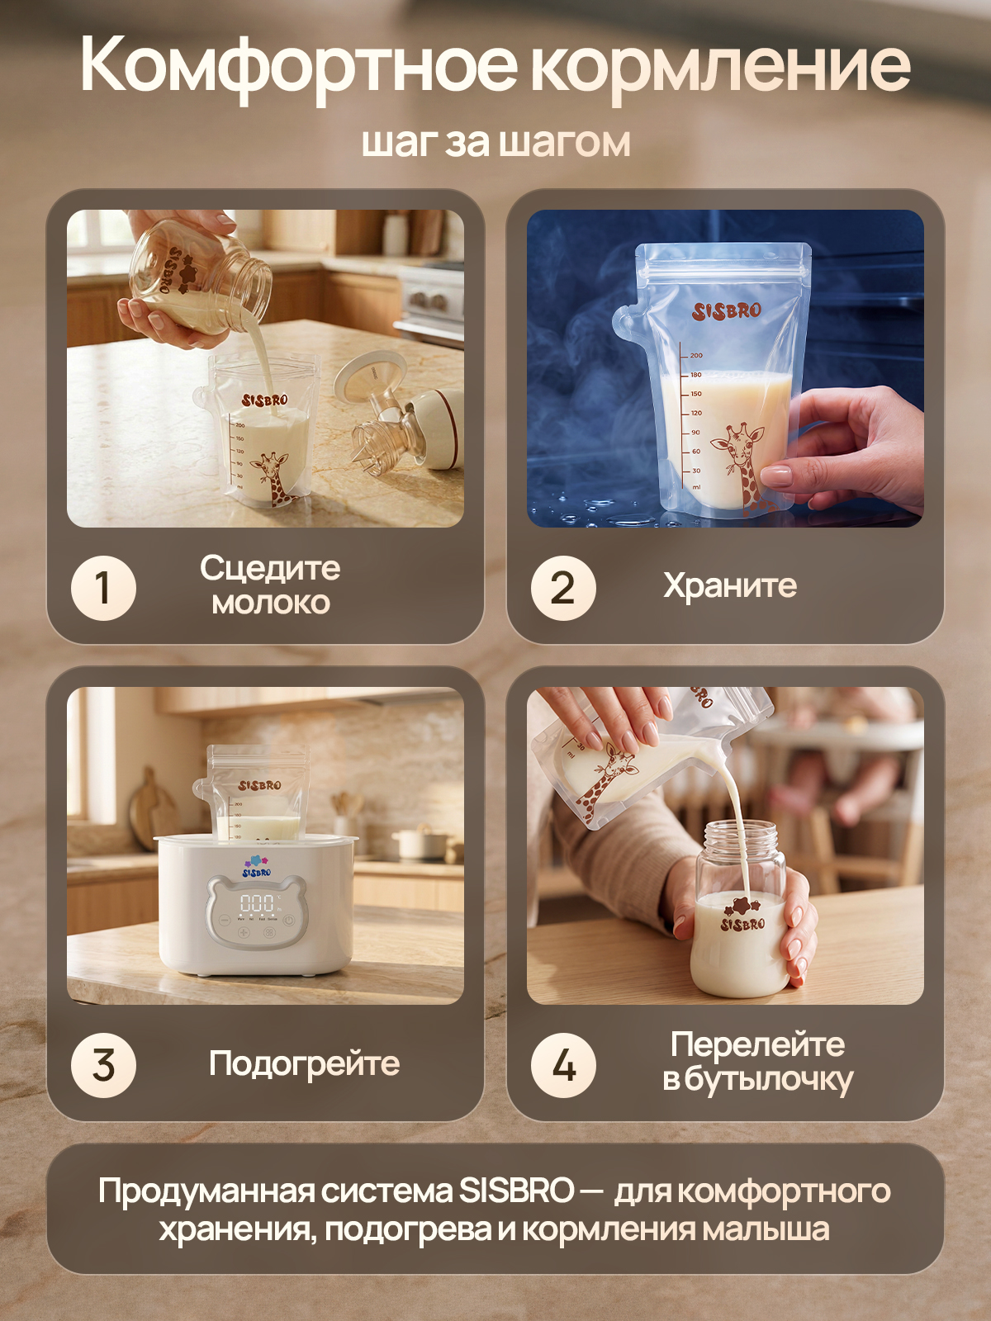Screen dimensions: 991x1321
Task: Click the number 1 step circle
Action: coord(103,588)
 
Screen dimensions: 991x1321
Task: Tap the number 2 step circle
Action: coord(563,588)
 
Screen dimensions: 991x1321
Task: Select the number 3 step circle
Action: coord(103,1065)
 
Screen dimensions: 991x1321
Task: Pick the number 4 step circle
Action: coord(563,1065)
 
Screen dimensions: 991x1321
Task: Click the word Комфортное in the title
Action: coord(298,68)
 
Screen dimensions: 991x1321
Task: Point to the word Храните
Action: coord(730,585)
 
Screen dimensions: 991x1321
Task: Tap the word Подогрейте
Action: coord(305,1064)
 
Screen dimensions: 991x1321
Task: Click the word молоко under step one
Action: coord(271,604)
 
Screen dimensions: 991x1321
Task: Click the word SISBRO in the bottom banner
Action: coord(515,1191)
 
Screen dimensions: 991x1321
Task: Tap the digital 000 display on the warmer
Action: coord(256,902)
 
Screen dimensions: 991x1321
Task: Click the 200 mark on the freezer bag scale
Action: coord(696,356)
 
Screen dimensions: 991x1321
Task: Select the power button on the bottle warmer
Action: coord(289,921)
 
